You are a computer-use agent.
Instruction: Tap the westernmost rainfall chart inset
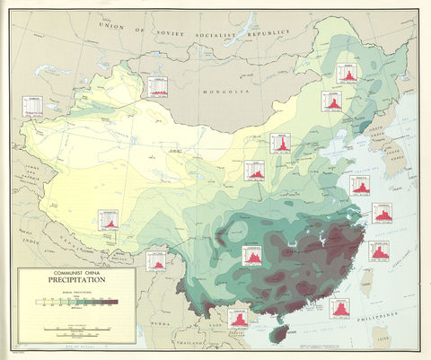pyautogui.click(x=32, y=106)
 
